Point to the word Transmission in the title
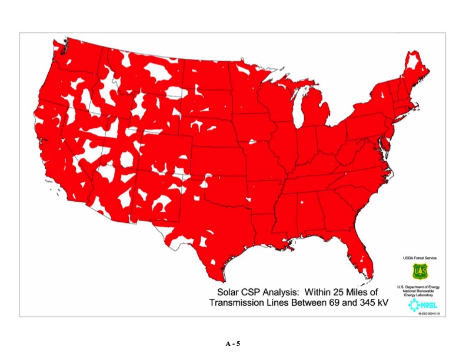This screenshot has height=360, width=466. point(236,303)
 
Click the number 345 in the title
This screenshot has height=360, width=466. point(358,303)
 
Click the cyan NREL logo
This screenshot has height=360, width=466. point(422,304)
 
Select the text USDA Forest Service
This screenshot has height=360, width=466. point(420,258)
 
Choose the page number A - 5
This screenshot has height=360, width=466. point(233,344)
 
